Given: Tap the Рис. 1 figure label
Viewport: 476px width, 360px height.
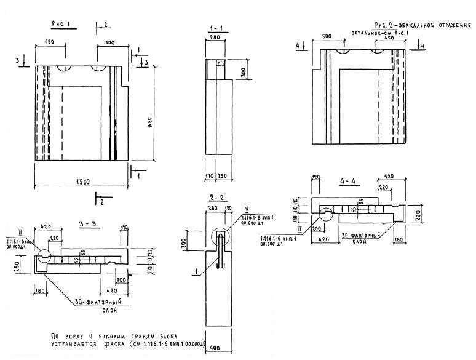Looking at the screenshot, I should [x=62, y=24].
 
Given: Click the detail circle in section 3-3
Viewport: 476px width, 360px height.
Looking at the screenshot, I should [x=43, y=258].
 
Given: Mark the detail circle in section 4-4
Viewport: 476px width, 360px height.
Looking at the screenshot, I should [x=325, y=216].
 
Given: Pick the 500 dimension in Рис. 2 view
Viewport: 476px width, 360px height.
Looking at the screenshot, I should [x=326, y=37].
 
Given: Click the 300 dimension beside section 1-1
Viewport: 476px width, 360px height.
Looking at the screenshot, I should [x=244, y=73].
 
